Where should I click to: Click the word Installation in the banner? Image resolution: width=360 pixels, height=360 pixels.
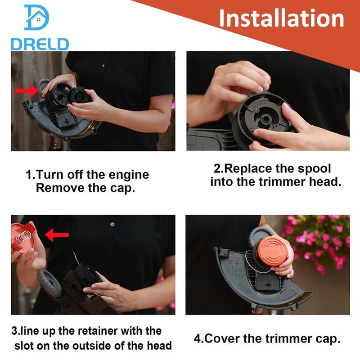coord(282,18)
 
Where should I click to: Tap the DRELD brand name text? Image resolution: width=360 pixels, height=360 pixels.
coord(40,44)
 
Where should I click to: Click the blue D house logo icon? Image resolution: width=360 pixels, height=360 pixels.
coord(37,18)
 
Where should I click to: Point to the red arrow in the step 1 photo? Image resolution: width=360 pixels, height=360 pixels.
coord(26,91)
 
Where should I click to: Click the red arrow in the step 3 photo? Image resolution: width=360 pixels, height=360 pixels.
coord(57,235)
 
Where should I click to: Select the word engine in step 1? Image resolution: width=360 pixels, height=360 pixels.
coord(129,175)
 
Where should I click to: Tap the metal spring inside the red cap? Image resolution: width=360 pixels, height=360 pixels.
coord(23,237)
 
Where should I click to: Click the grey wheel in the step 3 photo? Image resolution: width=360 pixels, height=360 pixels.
coord(49,283)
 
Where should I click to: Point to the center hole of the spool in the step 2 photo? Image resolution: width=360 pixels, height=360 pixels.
coord(266,119)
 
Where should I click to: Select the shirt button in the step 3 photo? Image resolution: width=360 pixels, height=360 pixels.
coord(112,224)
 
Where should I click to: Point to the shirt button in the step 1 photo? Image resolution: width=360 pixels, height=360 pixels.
coord(103,66)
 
